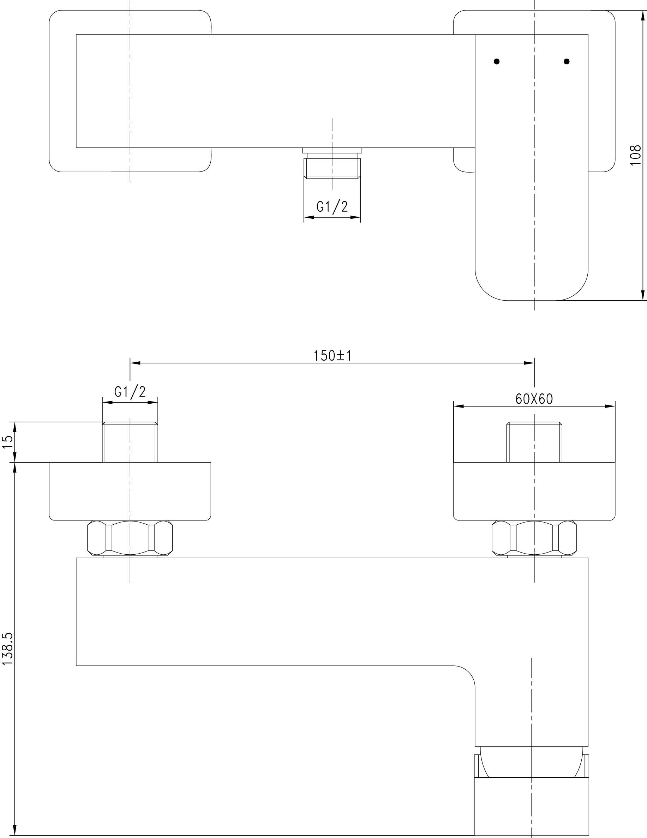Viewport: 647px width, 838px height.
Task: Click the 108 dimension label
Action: tap(635, 155)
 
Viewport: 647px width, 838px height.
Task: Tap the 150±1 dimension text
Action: tap(333, 356)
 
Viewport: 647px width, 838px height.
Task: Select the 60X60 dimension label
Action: tap(534, 399)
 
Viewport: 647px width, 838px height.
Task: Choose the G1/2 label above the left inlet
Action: tap(130, 392)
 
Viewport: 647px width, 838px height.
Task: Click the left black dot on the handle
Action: tap(497, 61)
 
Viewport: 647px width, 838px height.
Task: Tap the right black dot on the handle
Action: tap(567, 61)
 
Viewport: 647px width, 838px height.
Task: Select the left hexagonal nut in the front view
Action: tap(130, 538)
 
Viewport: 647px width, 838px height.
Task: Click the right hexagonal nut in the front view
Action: tap(534, 538)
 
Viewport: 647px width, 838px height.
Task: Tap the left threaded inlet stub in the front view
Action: tap(130, 442)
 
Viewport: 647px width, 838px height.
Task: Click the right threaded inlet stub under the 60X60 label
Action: tap(534, 442)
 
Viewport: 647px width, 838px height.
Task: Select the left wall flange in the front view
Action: tap(130, 492)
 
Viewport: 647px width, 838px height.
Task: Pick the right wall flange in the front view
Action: tap(534, 492)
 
